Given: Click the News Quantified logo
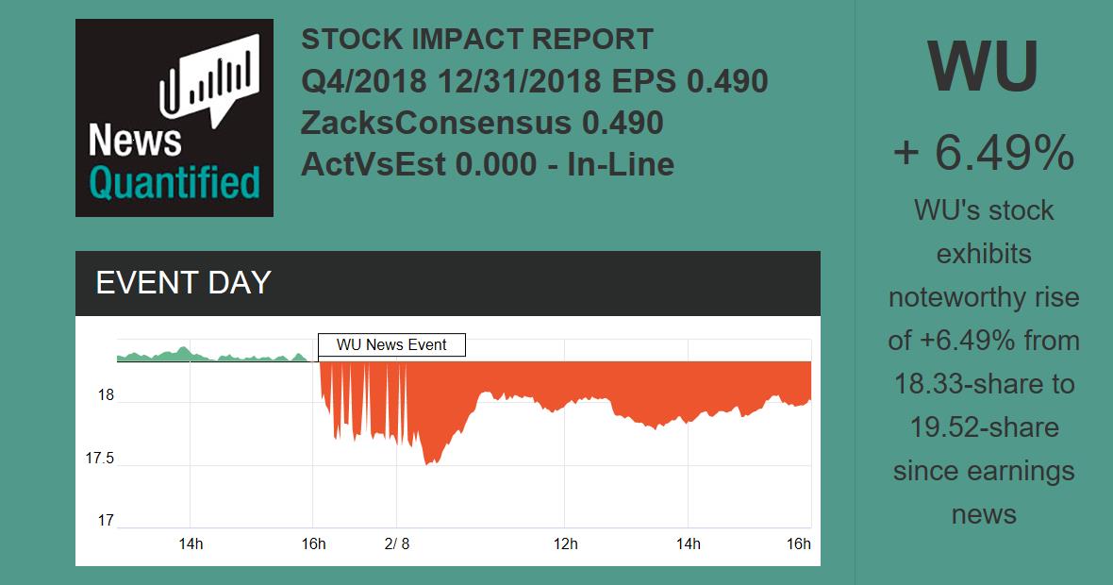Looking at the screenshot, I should click(174, 118).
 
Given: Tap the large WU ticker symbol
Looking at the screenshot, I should click(983, 66).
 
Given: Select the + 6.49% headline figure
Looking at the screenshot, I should click(983, 153).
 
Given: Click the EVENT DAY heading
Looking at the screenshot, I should click(184, 283).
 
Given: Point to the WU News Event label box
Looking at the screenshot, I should click(391, 345).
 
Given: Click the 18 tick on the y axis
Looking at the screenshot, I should click(106, 395).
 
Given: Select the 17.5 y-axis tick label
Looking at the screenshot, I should click(100, 459).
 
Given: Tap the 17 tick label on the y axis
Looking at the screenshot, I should click(106, 520).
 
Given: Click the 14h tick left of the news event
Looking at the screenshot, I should click(191, 544).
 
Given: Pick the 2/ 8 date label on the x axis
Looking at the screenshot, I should click(397, 544).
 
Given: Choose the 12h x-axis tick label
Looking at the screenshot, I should click(565, 544).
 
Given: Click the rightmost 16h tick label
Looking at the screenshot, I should click(799, 544).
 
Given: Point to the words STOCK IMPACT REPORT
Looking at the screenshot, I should click(476, 40).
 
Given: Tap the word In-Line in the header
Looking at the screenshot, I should click(620, 164).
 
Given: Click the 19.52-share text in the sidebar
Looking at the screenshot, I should click(983, 427).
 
